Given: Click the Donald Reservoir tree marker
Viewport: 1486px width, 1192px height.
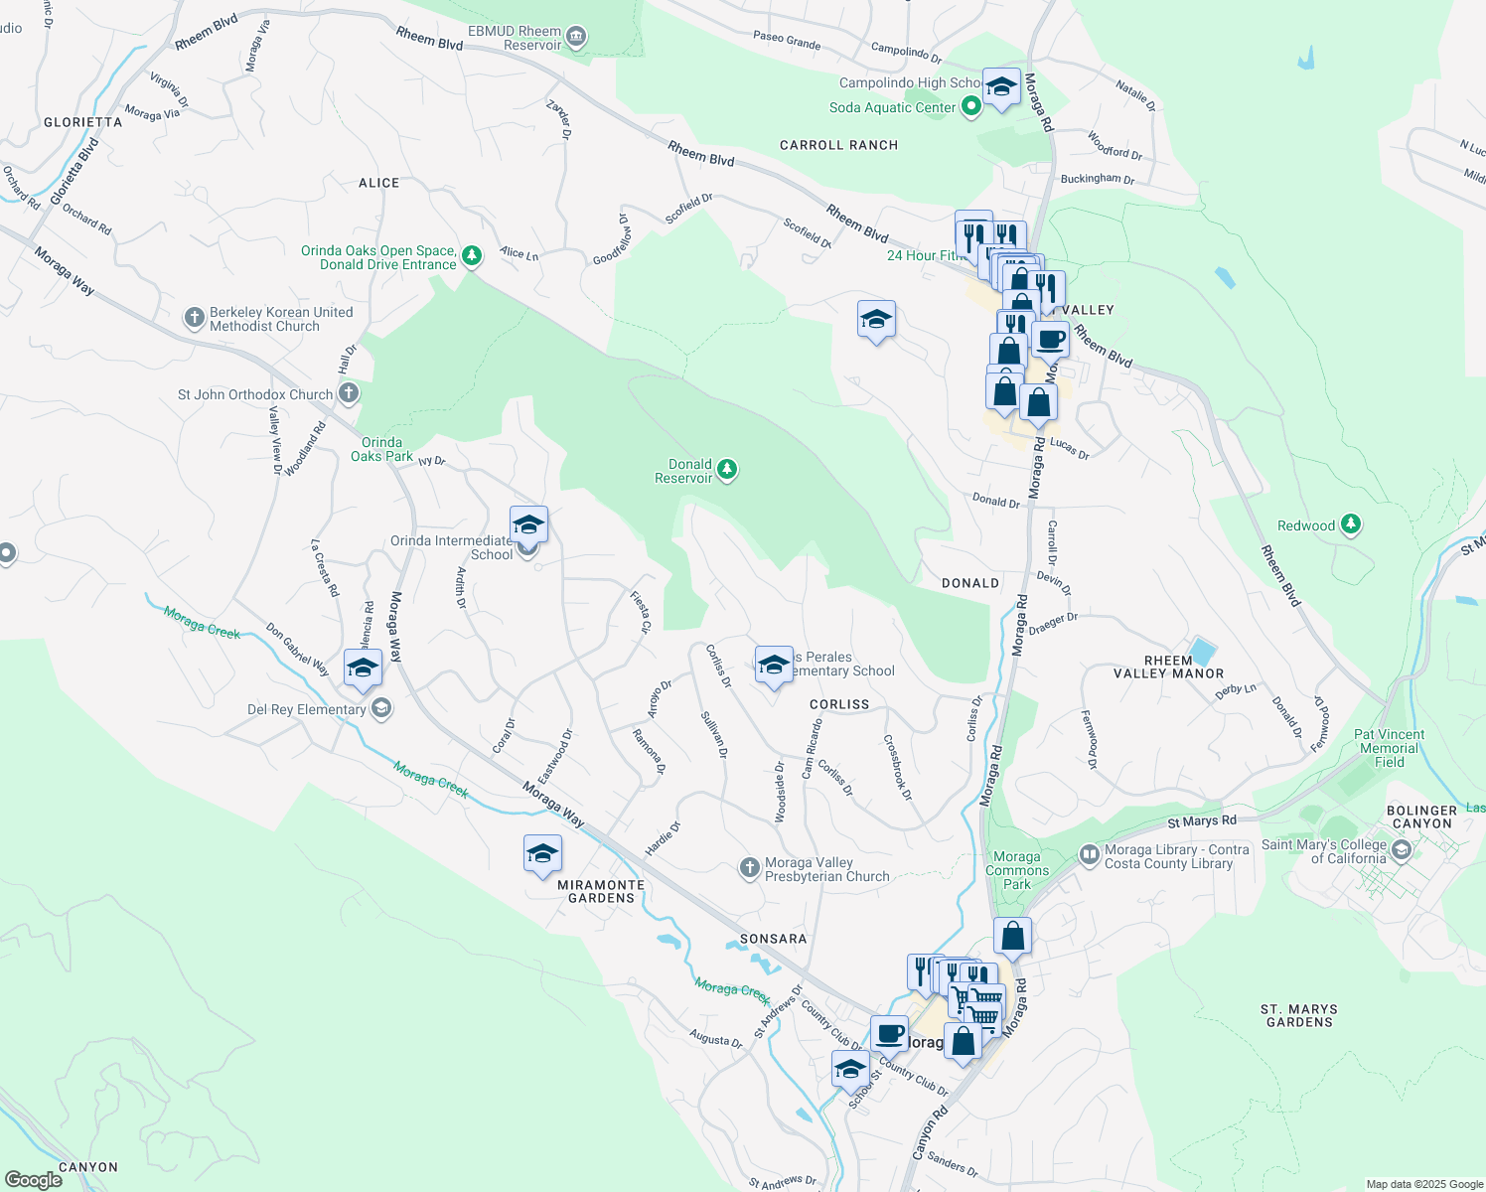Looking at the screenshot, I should click(727, 469).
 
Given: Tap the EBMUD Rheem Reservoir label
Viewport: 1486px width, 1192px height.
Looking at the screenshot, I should click(515, 39).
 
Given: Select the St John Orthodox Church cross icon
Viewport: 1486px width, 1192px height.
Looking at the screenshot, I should click(348, 393).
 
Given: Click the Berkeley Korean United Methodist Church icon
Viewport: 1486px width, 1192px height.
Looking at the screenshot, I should click(194, 318).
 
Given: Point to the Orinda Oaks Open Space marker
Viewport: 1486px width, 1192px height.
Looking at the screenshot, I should click(472, 256).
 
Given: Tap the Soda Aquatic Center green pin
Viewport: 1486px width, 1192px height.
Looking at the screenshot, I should click(971, 106).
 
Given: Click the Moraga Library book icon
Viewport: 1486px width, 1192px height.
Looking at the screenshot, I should click(1089, 853).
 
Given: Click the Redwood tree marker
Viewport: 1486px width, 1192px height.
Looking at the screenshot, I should click(1350, 523).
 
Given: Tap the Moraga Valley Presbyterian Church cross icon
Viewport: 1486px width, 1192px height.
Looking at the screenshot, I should click(749, 868).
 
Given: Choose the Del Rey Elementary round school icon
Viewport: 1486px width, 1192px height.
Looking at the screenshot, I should click(381, 708).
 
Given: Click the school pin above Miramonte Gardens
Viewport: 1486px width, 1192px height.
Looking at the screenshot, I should click(542, 854).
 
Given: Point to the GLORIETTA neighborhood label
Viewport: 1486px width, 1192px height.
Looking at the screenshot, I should click(83, 122).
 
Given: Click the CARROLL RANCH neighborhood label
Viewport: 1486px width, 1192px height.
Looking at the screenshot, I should click(838, 145).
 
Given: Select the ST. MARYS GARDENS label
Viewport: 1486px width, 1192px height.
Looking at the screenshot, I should click(1299, 1015).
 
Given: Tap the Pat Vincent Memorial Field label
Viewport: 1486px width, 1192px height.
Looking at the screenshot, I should click(1389, 748).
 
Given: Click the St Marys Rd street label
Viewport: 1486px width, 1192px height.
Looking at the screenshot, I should click(1201, 821).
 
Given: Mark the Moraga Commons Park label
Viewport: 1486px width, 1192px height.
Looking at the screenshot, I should click(1016, 870).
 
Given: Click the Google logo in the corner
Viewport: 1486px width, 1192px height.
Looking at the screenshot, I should click(33, 1179).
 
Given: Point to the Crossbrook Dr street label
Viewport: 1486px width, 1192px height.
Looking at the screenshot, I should click(897, 767).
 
